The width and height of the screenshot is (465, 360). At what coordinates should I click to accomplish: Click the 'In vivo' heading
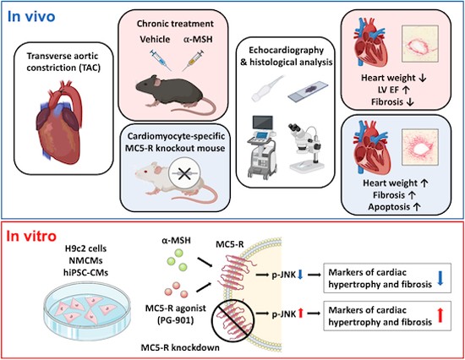[31, 17]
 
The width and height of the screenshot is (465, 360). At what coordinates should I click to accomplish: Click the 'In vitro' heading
[31, 237]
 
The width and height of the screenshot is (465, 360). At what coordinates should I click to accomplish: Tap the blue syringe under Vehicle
[161, 60]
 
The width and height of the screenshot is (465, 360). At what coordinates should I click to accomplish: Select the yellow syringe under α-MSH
[193, 60]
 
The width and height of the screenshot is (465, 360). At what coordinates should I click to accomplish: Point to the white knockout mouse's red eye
[145, 172]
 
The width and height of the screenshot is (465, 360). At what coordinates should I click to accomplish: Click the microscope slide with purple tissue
[308, 91]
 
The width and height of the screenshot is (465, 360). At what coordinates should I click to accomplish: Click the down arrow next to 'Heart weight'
[423, 78]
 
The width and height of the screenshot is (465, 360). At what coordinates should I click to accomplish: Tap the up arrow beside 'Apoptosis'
[416, 207]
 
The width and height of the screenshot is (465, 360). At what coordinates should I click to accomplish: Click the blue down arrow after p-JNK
[300, 275]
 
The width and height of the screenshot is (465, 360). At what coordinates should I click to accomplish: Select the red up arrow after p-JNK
[300, 314]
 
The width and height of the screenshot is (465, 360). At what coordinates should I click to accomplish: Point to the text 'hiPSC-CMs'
[86, 272]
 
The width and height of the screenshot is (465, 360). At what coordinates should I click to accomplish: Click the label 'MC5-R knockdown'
[180, 347]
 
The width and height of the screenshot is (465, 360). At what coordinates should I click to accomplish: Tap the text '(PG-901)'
[176, 320]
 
